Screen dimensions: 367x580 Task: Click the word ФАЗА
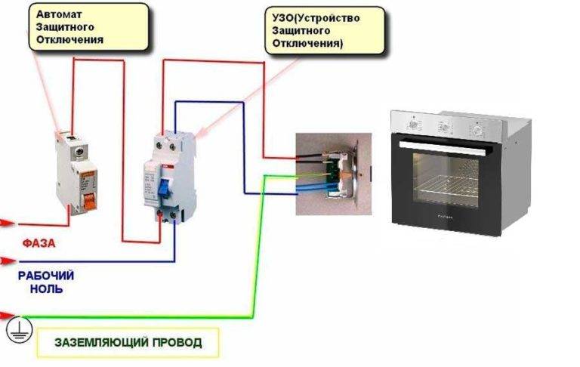click(38, 244)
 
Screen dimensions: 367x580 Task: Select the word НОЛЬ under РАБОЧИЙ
click(41, 288)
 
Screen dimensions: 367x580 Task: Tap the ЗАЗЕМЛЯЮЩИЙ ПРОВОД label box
click(128, 342)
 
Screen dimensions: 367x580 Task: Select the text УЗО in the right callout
click(284, 16)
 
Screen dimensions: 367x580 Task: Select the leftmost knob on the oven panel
click(412, 122)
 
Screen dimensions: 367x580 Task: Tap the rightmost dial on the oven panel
click(478, 129)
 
